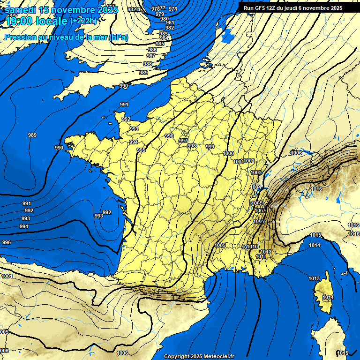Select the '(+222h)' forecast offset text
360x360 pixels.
click(x=83, y=21)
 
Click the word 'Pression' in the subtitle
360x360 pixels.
click(x=20, y=37)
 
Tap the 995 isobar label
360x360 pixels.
click(x=141, y=150)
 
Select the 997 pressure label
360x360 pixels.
click(x=183, y=141)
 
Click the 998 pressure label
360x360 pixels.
click(x=192, y=146)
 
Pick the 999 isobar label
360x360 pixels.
click(x=210, y=147)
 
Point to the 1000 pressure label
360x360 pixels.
click(x=229, y=154)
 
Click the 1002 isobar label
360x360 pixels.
click(x=249, y=161)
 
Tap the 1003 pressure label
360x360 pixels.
click(x=255, y=172)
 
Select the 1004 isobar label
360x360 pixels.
click(x=255, y=187)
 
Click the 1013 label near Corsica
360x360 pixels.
click(x=314, y=278)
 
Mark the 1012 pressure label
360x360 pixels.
click(x=266, y=252)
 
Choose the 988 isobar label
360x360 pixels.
click(x=148, y=64)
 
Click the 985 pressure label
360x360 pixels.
click(x=160, y=44)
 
